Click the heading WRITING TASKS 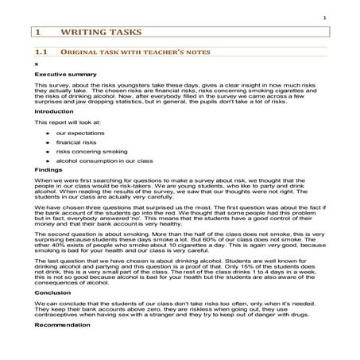click(104, 33)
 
